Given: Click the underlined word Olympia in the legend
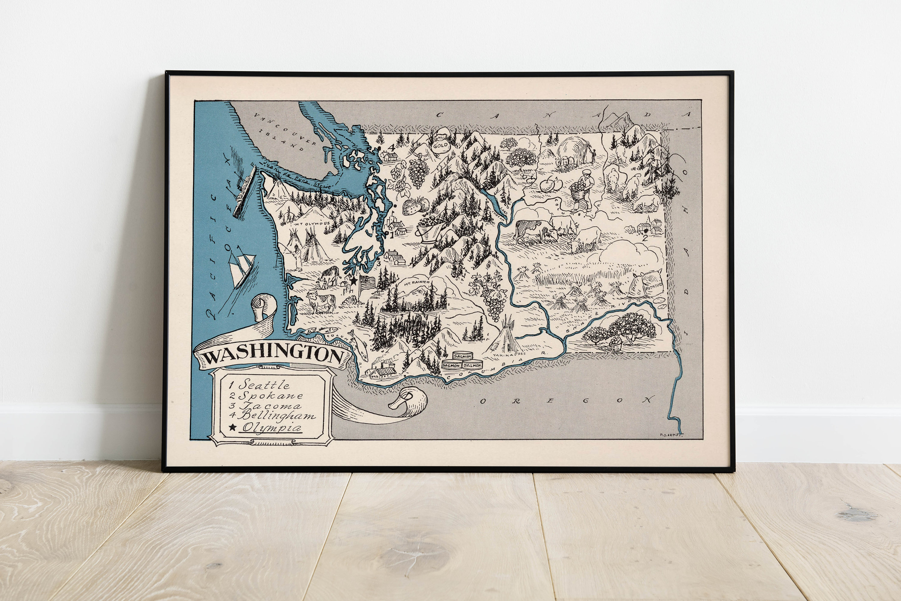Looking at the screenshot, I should (272, 427).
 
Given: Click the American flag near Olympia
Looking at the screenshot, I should (367, 283).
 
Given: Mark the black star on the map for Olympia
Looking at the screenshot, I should (353, 281).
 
